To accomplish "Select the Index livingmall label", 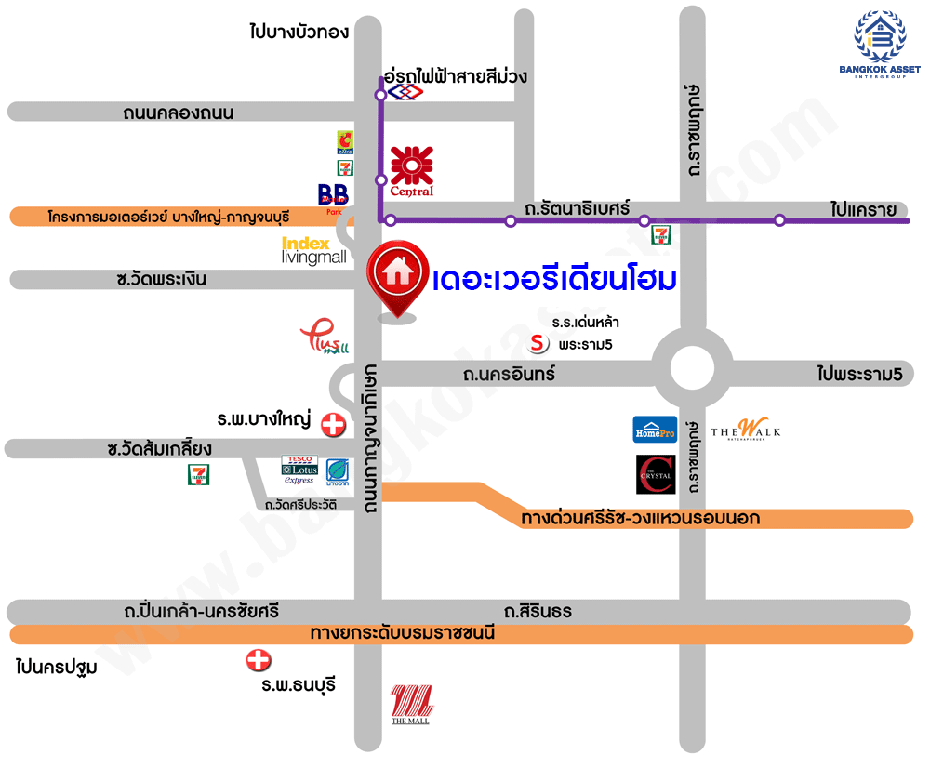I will click(x=313, y=250).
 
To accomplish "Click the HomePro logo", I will click(x=655, y=430).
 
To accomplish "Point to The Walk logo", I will click(x=746, y=430).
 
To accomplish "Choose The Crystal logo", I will click(x=655, y=474).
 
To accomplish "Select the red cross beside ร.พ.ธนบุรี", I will click(x=258, y=661).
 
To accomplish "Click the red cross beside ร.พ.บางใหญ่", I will click(x=332, y=426).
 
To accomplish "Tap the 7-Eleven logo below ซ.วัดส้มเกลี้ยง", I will click(x=198, y=475).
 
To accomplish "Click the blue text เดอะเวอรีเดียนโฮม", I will click(x=554, y=278).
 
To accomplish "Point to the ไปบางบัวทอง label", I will click(x=299, y=32).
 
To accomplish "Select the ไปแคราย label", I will click(x=865, y=209).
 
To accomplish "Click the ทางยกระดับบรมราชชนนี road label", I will click(x=403, y=634).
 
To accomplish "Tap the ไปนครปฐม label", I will click(x=57, y=667).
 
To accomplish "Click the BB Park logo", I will click(x=333, y=197).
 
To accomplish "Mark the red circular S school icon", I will click(x=538, y=344).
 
